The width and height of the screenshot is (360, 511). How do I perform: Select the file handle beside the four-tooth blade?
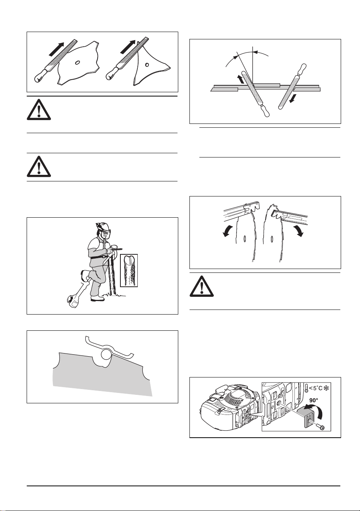(41, 76)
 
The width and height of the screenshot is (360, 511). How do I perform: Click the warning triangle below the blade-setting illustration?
(201, 286)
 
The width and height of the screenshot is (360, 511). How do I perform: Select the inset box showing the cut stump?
(129, 270)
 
